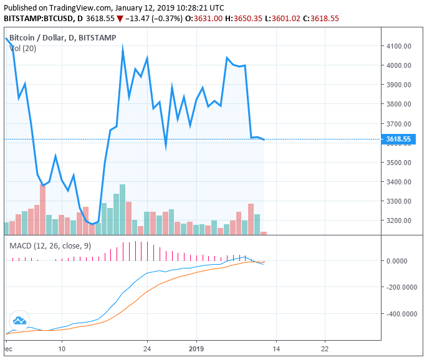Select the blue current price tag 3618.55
(x=398, y=140)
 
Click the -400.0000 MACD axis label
(x=400, y=314)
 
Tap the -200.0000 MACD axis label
(x=400, y=288)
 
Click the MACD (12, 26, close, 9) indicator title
(x=50, y=246)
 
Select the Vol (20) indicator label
(x=22, y=49)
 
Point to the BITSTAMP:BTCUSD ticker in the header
(x=35, y=19)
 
